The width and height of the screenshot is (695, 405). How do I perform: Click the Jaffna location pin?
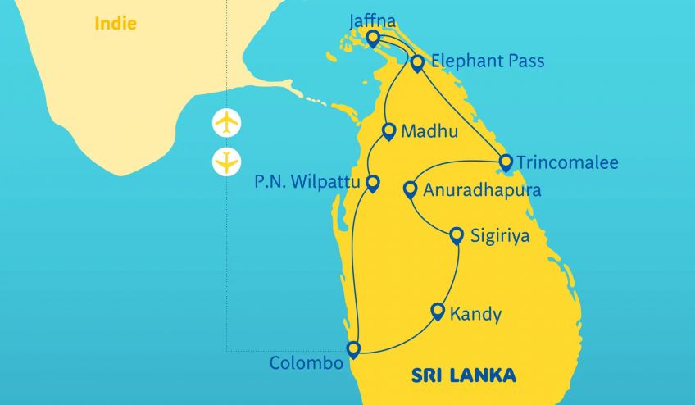pos(373,39)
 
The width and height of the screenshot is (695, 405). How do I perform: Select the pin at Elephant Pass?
pos(417,62)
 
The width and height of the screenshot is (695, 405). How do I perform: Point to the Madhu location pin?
pos(390,130)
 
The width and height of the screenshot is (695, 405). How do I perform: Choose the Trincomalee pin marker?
pos(506,162)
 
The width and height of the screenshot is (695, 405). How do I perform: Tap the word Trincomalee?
pos(567,162)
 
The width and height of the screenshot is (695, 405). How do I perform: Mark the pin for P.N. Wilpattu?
pos(373,182)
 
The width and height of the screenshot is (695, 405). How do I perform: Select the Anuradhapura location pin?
pos(411,189)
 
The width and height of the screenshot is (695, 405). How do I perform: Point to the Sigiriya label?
pos(501,237)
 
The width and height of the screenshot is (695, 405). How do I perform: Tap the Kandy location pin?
pos(438,312)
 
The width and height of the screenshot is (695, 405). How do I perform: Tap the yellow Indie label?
pos(116,23)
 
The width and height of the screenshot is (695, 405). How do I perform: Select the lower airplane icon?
pos(226,162)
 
